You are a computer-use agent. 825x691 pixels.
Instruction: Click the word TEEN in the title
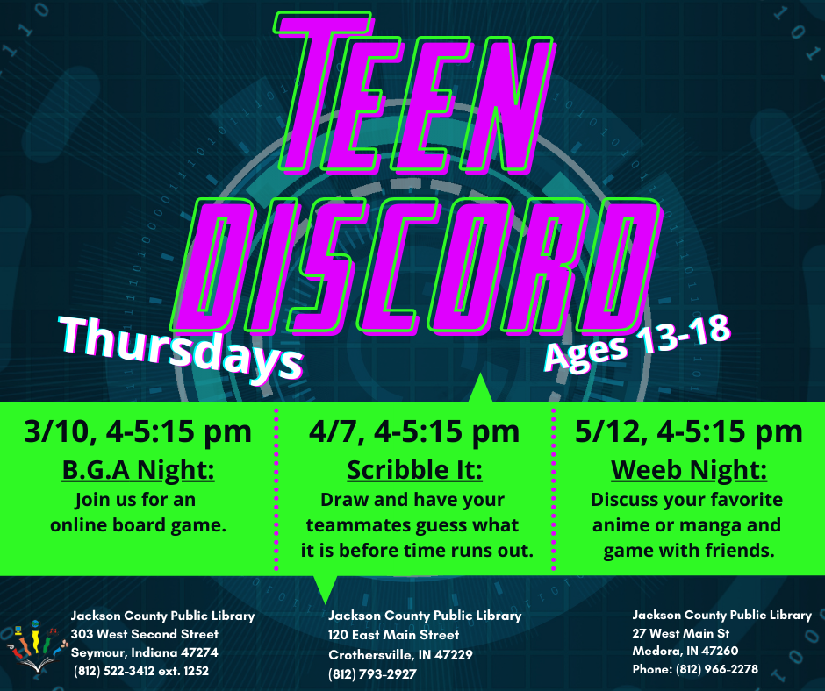coord(413,93)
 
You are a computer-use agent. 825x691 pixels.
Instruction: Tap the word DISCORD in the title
coord(416,267)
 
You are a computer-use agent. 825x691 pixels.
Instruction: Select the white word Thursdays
coord(182,348)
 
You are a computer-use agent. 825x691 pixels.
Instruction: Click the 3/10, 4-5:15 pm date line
coord(138,431)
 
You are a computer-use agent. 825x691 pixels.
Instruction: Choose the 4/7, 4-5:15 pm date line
coord(414,431)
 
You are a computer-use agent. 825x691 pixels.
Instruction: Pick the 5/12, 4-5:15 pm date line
coord(689,431)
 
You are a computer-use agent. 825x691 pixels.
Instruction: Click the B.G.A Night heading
coord(139,470)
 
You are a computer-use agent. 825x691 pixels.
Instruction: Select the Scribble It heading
coord(414,470)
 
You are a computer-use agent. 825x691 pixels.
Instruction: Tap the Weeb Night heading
coord(689,470)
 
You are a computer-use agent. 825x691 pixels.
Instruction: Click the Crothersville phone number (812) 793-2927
coord(372,674)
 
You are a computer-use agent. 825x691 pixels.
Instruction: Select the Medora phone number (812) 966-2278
coord(717,669)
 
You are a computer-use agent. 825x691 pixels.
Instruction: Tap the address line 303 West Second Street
coord(145,634)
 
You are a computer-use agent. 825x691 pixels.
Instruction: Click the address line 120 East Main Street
coord(393,635)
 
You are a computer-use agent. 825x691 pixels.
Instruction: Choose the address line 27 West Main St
coord(681,633)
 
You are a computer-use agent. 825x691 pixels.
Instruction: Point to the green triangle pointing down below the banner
coord(325,587)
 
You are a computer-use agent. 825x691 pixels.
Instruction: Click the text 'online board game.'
coord(138,524)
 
